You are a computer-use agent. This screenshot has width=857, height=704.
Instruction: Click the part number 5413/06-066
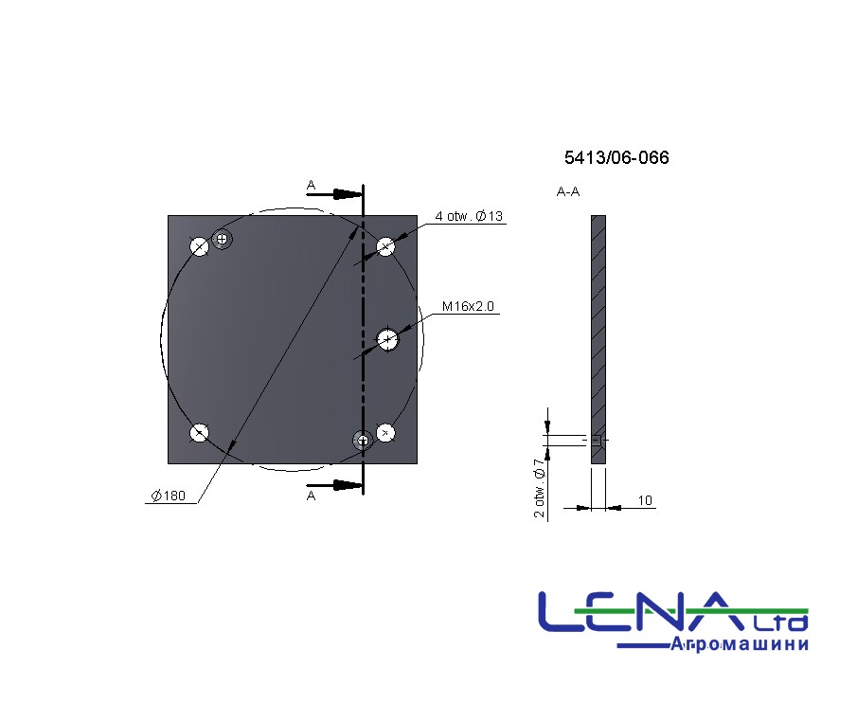click(616, 157)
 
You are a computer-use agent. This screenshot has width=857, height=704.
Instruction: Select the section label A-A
click(568, 191)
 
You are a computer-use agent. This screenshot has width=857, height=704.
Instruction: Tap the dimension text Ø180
click(169, 496)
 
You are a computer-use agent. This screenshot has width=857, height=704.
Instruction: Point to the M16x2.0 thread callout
click(468, 306)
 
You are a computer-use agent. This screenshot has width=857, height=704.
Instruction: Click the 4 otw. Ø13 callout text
click(469, 216)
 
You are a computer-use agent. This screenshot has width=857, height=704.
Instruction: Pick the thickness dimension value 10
click(645, 500)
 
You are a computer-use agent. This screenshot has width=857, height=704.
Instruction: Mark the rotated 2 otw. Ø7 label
click(540, 488)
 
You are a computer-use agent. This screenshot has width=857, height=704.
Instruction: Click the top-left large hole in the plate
click(199, 246)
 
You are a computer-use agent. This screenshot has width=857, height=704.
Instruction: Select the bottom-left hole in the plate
click(199, 433)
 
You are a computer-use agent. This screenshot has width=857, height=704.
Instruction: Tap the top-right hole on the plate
click(385, 246)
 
